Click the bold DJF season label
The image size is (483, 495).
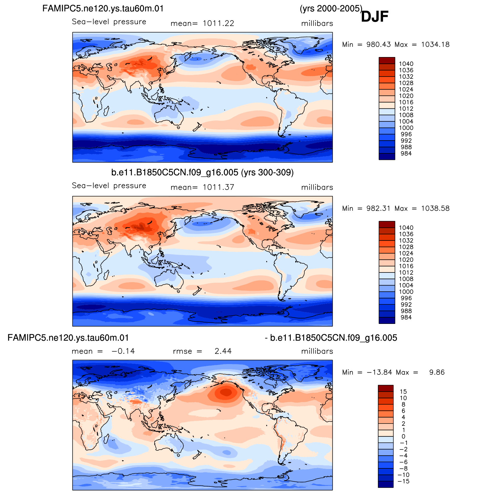click(374, 17)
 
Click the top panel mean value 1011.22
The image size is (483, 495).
click(218, 23)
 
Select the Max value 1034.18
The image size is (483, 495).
click(435, 45)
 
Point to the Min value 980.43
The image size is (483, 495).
click(379, 45)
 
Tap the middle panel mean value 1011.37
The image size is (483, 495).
click(218, 187)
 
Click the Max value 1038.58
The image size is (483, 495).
click(435, 209)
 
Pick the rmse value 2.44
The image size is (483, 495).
click(223, 351)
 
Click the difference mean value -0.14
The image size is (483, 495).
click(123, 351)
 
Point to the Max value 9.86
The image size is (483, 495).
click(437, 372)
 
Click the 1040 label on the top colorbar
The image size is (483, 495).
click(406, 64)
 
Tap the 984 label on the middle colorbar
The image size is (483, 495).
click(406, 317)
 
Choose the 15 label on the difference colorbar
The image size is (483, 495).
click(403, 392)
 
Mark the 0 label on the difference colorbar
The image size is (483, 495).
click(403, 436)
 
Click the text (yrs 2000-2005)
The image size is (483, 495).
click(331, 9)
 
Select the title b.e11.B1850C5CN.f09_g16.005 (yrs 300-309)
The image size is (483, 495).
click(202, 173)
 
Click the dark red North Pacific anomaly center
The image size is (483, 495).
click(226, 392)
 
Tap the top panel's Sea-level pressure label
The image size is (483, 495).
click(109, 22)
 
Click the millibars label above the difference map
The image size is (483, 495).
click(317, 351)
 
